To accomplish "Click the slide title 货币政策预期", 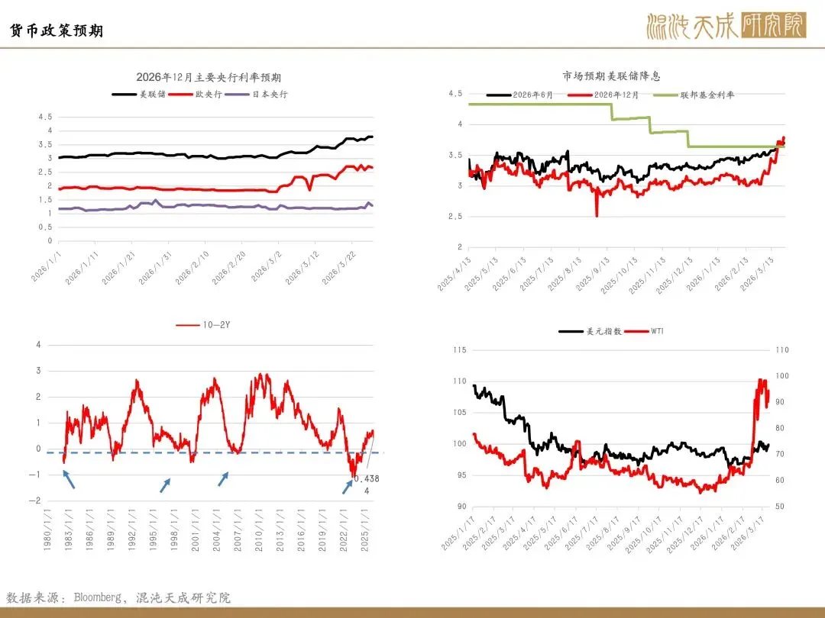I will click(x=56, y=31).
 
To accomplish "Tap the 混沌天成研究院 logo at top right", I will click(x=726, y=26).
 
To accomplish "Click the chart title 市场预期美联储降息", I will click(x=611, y=76).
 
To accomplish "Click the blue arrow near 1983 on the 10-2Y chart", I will click(x=68, y=479).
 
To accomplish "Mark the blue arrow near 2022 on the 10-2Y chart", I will click(x=348, y=487).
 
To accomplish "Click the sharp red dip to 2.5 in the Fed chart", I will click(x=597, y=214).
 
